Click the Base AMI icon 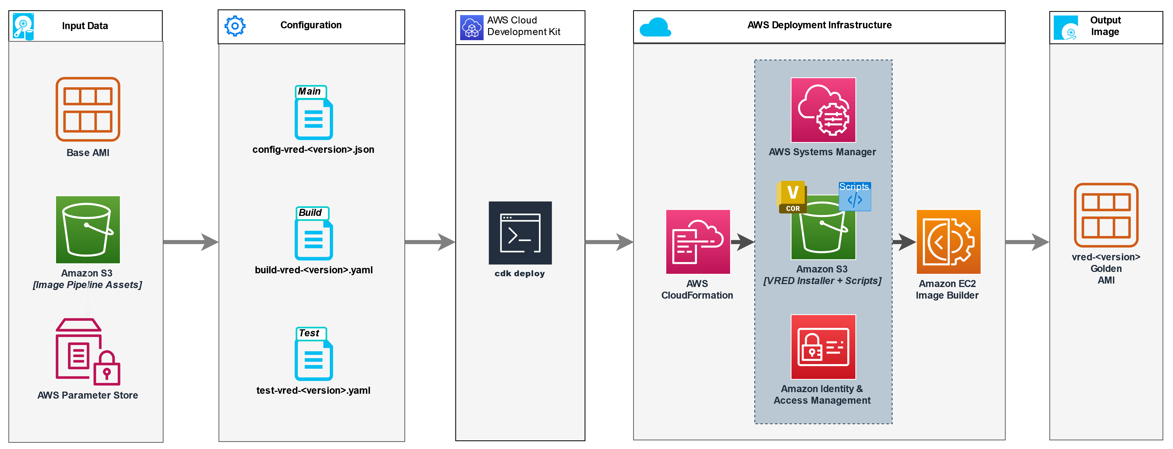[88, 109]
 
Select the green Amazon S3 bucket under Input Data [88, 230]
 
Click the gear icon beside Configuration [235, 26]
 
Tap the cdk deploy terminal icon [520, 233]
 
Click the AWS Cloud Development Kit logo [471, 27]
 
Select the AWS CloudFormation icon [697, 242]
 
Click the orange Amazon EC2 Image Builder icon [948, 242]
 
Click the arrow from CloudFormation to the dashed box [742, 242]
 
